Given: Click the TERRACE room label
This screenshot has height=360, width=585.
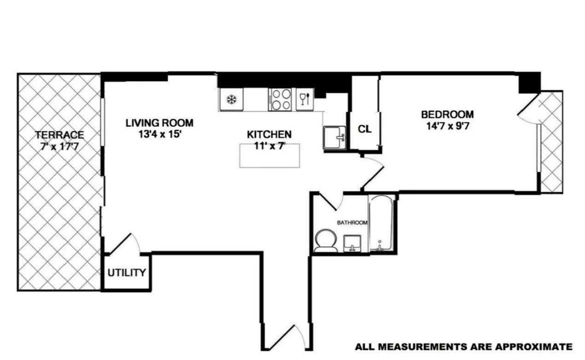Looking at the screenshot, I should (60, 135).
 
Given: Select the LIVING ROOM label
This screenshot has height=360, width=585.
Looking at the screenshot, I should (159, 123).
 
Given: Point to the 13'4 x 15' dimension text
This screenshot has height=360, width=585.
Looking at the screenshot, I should (159, 135).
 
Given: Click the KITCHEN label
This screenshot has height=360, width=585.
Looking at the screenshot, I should (269, 134).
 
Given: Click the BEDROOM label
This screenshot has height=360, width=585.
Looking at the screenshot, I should (447, 114).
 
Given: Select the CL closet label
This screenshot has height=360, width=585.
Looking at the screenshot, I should (365, 129).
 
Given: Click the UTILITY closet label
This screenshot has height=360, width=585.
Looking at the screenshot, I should (127, 273).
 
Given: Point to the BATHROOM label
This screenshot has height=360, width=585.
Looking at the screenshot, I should (352, 223).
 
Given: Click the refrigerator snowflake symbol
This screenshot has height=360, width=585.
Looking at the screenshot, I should (231, 99).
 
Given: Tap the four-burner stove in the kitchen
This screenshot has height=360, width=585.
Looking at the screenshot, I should (281, 99).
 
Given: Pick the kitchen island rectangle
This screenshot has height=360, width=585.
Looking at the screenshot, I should (269, 156).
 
